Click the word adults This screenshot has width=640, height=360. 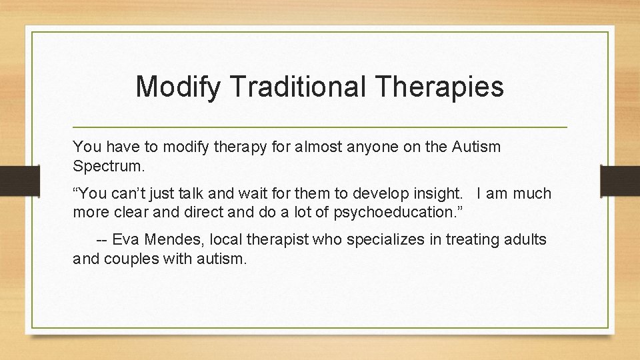[527, 239]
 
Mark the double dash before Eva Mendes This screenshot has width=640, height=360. [102, 239]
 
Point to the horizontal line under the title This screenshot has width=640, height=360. [320, 127]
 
